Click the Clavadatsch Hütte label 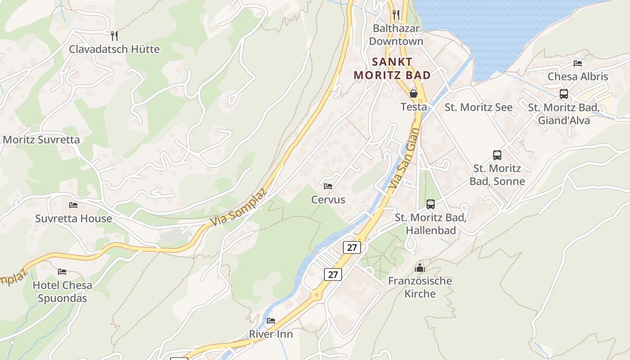114,49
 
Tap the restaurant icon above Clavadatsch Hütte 114,35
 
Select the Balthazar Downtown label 396,35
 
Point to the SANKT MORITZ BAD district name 392,68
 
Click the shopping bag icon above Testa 413,94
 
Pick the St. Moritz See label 478,108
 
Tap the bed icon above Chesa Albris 578,63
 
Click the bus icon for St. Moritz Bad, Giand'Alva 564,94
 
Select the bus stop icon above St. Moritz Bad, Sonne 497,155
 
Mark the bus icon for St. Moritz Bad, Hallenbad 431,204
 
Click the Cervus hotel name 328,200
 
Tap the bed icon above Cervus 328,186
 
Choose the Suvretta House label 74,219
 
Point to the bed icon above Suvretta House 73,205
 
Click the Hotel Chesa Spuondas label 63,292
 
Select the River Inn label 271,334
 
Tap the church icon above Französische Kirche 420,268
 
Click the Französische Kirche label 420,287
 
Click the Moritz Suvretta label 41,139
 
